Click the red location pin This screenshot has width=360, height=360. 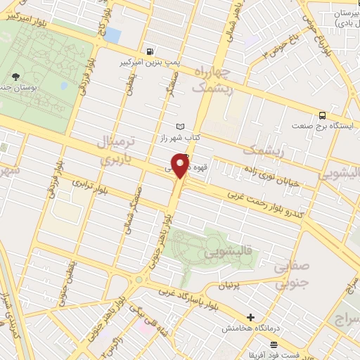coord(181,166)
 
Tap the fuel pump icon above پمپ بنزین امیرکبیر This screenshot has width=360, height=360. coord(151,52)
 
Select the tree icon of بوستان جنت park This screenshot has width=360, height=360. coord(15,75)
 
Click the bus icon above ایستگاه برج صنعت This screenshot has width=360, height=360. coord(322,115)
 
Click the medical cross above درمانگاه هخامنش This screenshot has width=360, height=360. coord(250,317)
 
